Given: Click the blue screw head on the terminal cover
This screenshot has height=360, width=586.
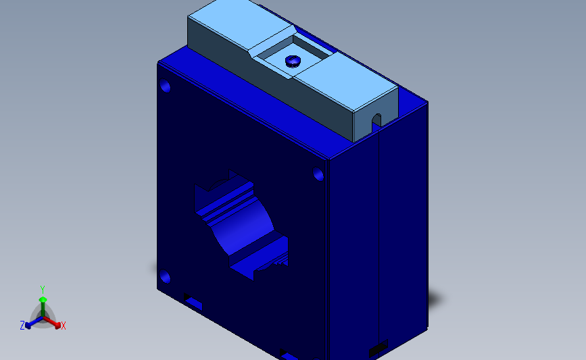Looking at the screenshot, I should pyautogui.click(x=293, y=61).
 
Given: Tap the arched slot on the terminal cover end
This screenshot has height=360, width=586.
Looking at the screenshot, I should pyautogui.click(x=376, y=120).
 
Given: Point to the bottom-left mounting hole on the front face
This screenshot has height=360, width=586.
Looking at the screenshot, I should pyautogui.click(x=165, y=277).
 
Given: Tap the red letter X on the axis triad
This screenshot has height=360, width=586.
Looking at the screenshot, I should pyautogui.click(x=63, y=326).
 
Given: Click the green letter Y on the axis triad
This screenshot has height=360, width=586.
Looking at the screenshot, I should pyautogui.click(x=42, y=289).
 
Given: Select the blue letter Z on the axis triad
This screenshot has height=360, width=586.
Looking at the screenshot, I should pyautogui.click(x=22, y=326).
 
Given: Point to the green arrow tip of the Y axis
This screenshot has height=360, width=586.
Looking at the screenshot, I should pyautogui.click(x=43, y=299).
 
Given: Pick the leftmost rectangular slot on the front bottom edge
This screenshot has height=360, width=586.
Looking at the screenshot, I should pyautogui.click(x=193, y=301).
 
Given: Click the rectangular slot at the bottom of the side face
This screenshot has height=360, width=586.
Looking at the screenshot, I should pyautogui.click(x=377, y=349).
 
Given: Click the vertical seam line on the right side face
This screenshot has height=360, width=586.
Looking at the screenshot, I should pyautogui.click(x=381, y=236).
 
